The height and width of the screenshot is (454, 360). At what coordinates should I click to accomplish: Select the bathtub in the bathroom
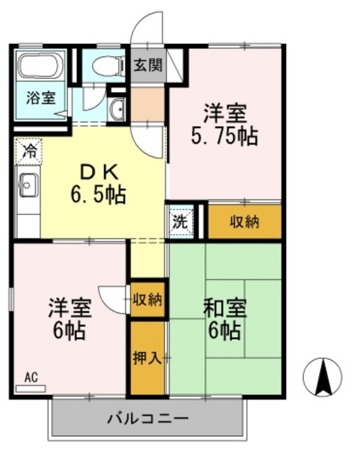41,66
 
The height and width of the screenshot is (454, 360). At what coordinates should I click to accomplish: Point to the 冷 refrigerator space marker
29,150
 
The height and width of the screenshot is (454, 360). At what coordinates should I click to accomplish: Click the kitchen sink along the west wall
28,187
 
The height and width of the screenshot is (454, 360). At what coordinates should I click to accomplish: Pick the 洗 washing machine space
180,221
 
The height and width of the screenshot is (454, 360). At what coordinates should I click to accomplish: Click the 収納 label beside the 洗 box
244,221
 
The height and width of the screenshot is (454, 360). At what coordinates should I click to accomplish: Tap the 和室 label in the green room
225,309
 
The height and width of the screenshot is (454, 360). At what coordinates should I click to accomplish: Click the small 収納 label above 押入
147,299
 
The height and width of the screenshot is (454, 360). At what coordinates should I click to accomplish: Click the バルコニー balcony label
148,418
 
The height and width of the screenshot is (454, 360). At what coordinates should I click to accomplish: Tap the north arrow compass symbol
322,377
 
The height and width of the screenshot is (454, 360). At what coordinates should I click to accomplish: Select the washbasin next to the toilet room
118,109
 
